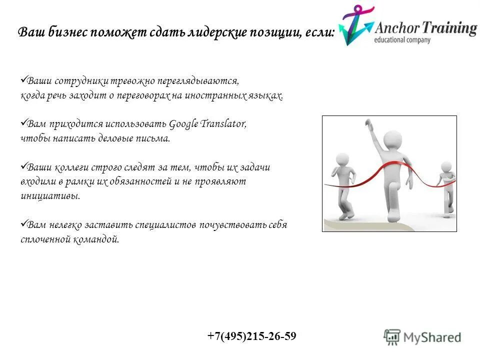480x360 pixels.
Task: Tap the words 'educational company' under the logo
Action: tap(402, 39)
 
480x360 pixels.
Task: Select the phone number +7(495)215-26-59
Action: tap(252, 336)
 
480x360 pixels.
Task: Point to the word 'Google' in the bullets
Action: tap(184, 124)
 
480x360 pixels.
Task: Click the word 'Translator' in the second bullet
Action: tap(224, 124)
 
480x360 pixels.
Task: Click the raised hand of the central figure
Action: tap(368, 123)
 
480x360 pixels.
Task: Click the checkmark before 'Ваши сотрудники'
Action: tap(23, 79)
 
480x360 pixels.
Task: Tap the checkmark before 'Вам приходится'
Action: tap(23, 122)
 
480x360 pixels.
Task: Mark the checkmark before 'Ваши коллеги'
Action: tap(23, 166)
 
